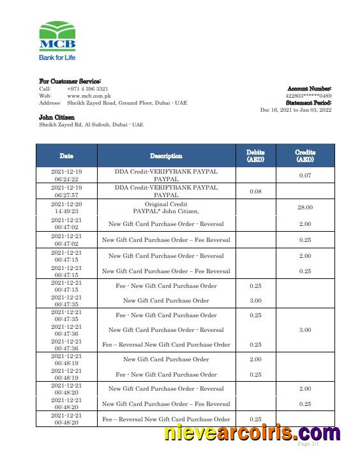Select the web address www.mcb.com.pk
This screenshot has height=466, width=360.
pyautogui.click(x=86, y=96)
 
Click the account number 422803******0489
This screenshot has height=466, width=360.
pyautogui.click(x=309, y=96)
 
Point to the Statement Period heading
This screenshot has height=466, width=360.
pyautogui.click(x=308, y=103)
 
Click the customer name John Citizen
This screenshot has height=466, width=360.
pyautogui.click(x=57, y=117)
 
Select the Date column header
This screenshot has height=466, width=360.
pyautogui.click(x=66, y=156)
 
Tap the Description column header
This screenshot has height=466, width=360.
pyautogui.click(x=166, y=156)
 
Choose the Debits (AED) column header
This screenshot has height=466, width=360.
pyautogui.click(x=255, y=156)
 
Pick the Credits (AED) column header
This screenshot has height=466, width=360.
pyautogui.click(x=305, y=156)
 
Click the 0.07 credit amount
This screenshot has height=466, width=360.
pyautogui.click(x=305, y=176)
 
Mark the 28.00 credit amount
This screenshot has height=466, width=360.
pyautogui.click(x=305, y=207)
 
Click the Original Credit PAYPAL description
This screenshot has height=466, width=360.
pyautogui.click(x=166, y=207)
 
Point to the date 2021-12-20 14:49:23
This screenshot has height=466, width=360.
pyautogui.click(x=66, y=207)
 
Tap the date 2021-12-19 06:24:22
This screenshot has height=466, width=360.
pyautogui.click(x=66, y=176)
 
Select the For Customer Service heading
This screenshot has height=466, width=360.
pyautogui.click(x=70, y=82)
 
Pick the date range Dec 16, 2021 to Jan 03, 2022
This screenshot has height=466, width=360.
pyautogui.click(x=296, y=110)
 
